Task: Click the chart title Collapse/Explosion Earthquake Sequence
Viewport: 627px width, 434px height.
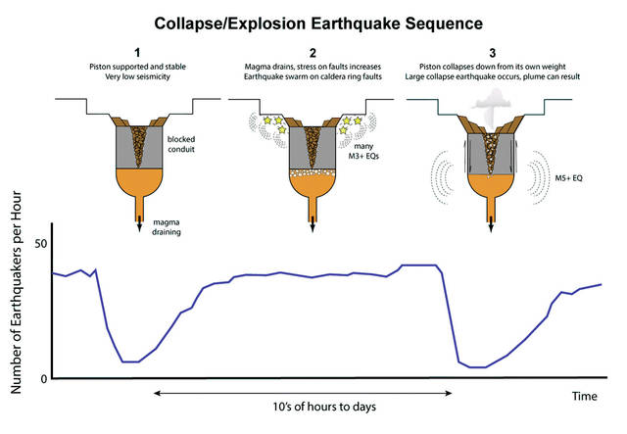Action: pyautogui.click(x=318, y=24)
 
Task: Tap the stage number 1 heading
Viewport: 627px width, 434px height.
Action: pyautogui.click(x=137, y=53)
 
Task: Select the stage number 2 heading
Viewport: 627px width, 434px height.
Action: pyautogui.click(x=313, y=53)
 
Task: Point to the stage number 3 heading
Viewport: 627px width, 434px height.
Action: pyautogui.click(x=492, y=53)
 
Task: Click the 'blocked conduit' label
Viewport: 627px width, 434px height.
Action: pyautogui.click(x=181, y=144)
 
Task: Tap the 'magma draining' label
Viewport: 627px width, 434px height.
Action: pyautogui.click(x=167, y=227)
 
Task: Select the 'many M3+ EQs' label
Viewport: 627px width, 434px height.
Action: pyautogui.click(x=363, y=151)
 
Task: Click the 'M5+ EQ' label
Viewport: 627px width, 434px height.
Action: pyautogui.click(x=568, y=178)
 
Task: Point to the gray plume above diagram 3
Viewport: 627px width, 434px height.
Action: pyautogui.click(x=492, y=107)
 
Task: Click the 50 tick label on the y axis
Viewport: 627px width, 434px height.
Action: pyautogui.click(x=41, y=244)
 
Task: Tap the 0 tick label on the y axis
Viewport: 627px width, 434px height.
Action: pyautogui.click(x=44, y=379)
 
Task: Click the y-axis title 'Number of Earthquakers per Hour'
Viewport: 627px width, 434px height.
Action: pyautogui.click(x=16, y=292)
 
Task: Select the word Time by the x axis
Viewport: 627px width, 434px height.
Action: pyautogui.click(x=585, y=396)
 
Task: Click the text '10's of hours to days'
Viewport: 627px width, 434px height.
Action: pyautogui.click(x=324, y=407)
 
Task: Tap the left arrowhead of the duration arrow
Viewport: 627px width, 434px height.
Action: pyautogui.click(x=157, y=393)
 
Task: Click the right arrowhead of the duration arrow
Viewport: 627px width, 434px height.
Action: pyautogui.click(x=449, y=393)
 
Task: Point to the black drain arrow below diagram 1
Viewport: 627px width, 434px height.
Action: pyautogui.click(x=139, y=223)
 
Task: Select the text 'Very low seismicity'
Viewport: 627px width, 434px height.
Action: pyautogui.click(x=137, y=76)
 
